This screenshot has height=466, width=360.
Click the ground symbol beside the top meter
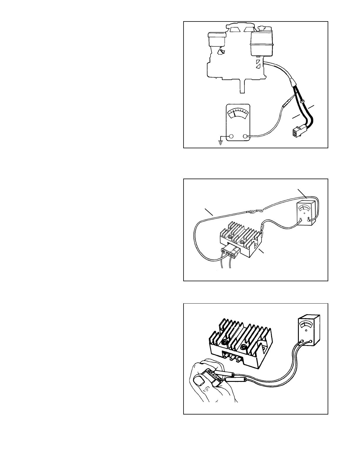tap(220, 142)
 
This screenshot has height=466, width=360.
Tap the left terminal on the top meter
tap(231, 136)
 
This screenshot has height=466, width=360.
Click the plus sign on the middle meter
tap(308, 219)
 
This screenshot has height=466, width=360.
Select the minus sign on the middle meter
tap(300, 219)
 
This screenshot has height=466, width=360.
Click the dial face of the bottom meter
tap(306, 324)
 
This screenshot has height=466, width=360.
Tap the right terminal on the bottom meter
tap(311, 342)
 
